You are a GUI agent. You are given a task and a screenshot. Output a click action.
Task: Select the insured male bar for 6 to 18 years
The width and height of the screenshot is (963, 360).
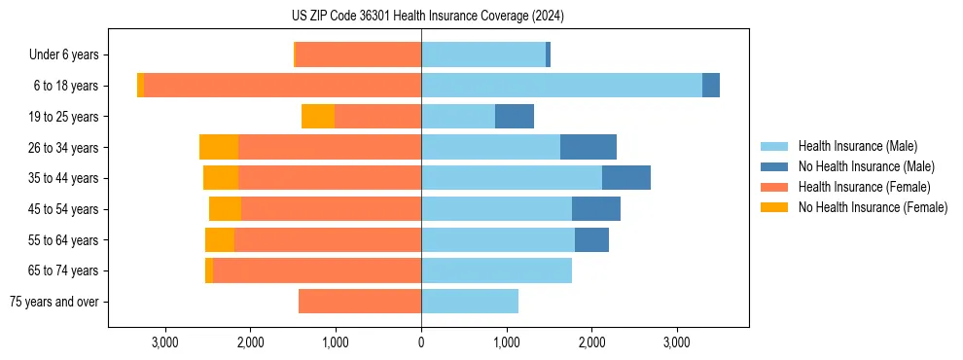(561, 86)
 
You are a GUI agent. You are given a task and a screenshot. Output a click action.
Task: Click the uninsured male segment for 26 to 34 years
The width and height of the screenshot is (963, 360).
(588, 147)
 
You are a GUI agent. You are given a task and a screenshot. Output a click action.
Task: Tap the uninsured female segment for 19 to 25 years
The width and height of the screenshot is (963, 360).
(318, 117)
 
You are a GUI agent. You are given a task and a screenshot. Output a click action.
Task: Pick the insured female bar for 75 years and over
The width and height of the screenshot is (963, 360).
(360, 302)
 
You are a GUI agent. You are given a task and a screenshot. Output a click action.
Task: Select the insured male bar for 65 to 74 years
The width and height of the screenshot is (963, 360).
(496, 270)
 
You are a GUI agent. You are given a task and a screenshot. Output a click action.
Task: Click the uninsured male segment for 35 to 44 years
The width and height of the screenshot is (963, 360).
(626, 178)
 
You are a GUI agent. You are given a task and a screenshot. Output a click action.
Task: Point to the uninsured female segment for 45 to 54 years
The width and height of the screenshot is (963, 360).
(225, 209)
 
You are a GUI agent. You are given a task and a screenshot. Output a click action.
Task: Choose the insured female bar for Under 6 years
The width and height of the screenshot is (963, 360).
(358, 54)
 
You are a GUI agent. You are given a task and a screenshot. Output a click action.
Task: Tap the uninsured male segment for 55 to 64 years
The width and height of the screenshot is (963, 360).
(591, 239)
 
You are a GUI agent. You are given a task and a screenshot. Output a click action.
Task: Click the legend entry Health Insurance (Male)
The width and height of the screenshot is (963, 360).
(857, 146)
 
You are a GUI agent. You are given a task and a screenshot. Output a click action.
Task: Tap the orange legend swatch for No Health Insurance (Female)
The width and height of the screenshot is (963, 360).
(775, 207)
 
